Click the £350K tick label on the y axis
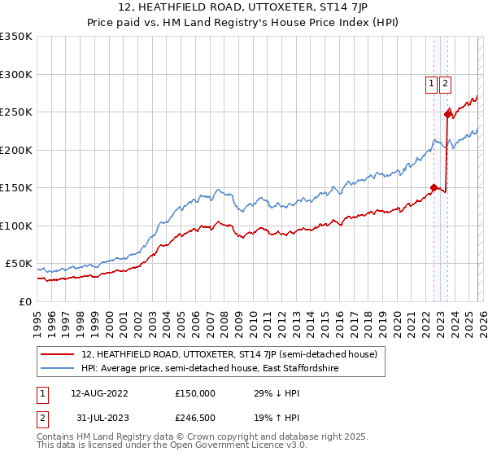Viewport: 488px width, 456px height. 15,37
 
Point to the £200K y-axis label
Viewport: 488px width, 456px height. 15,150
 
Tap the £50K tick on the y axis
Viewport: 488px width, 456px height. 19,264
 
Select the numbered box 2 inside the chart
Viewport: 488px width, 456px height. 446,82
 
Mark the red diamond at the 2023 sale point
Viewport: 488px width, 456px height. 447,114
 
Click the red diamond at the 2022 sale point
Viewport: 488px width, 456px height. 434,187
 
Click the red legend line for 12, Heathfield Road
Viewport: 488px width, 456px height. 58,355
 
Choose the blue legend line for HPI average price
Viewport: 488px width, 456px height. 58,369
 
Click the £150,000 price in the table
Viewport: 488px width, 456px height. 195,392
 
